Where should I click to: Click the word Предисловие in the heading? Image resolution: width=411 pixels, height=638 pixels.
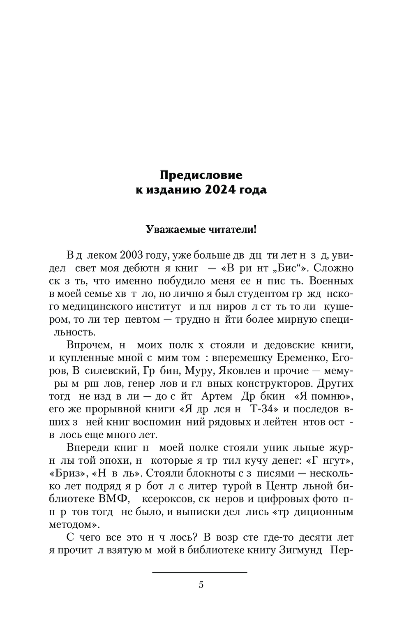pos(201,175)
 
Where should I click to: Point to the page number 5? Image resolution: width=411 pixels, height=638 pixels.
pos(201,585)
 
